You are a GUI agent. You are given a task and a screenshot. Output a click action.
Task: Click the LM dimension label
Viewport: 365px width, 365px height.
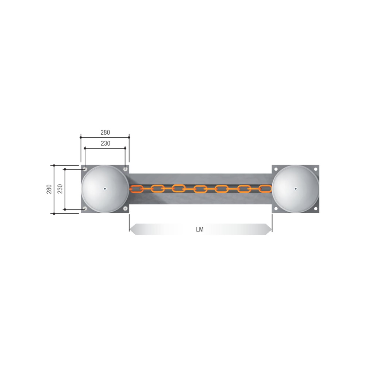click(200, 229)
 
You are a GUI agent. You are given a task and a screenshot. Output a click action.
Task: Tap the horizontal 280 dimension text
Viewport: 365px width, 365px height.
click(105, 132)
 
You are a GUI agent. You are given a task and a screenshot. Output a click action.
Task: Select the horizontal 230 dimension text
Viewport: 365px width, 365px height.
click(105, 143)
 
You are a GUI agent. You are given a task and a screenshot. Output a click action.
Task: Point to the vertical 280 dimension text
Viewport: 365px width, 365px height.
click(49, 189)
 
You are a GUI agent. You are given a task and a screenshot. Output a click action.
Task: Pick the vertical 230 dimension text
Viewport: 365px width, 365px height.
click(60, 189)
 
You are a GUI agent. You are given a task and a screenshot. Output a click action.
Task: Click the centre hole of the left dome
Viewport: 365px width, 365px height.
click(105, 189)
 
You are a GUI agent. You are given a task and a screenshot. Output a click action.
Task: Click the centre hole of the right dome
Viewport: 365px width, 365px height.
click(296, 189)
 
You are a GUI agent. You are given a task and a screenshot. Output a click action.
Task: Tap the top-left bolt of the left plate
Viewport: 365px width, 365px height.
click(85, 169)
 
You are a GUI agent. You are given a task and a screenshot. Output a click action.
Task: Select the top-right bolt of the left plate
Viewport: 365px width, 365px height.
click(125, 169)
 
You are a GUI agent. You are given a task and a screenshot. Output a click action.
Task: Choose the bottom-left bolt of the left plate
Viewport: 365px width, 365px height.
click(85, 208)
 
